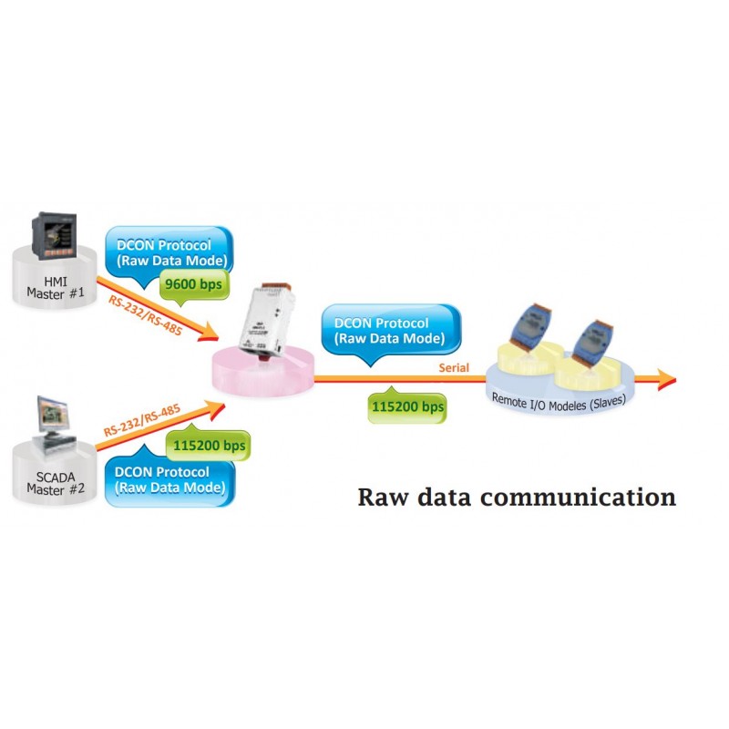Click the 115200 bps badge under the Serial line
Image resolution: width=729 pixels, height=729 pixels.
coord(407,406)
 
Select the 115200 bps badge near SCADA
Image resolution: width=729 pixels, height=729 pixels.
coord(207,446)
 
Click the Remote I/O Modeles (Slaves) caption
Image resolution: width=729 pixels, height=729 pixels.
coord(558,399)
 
